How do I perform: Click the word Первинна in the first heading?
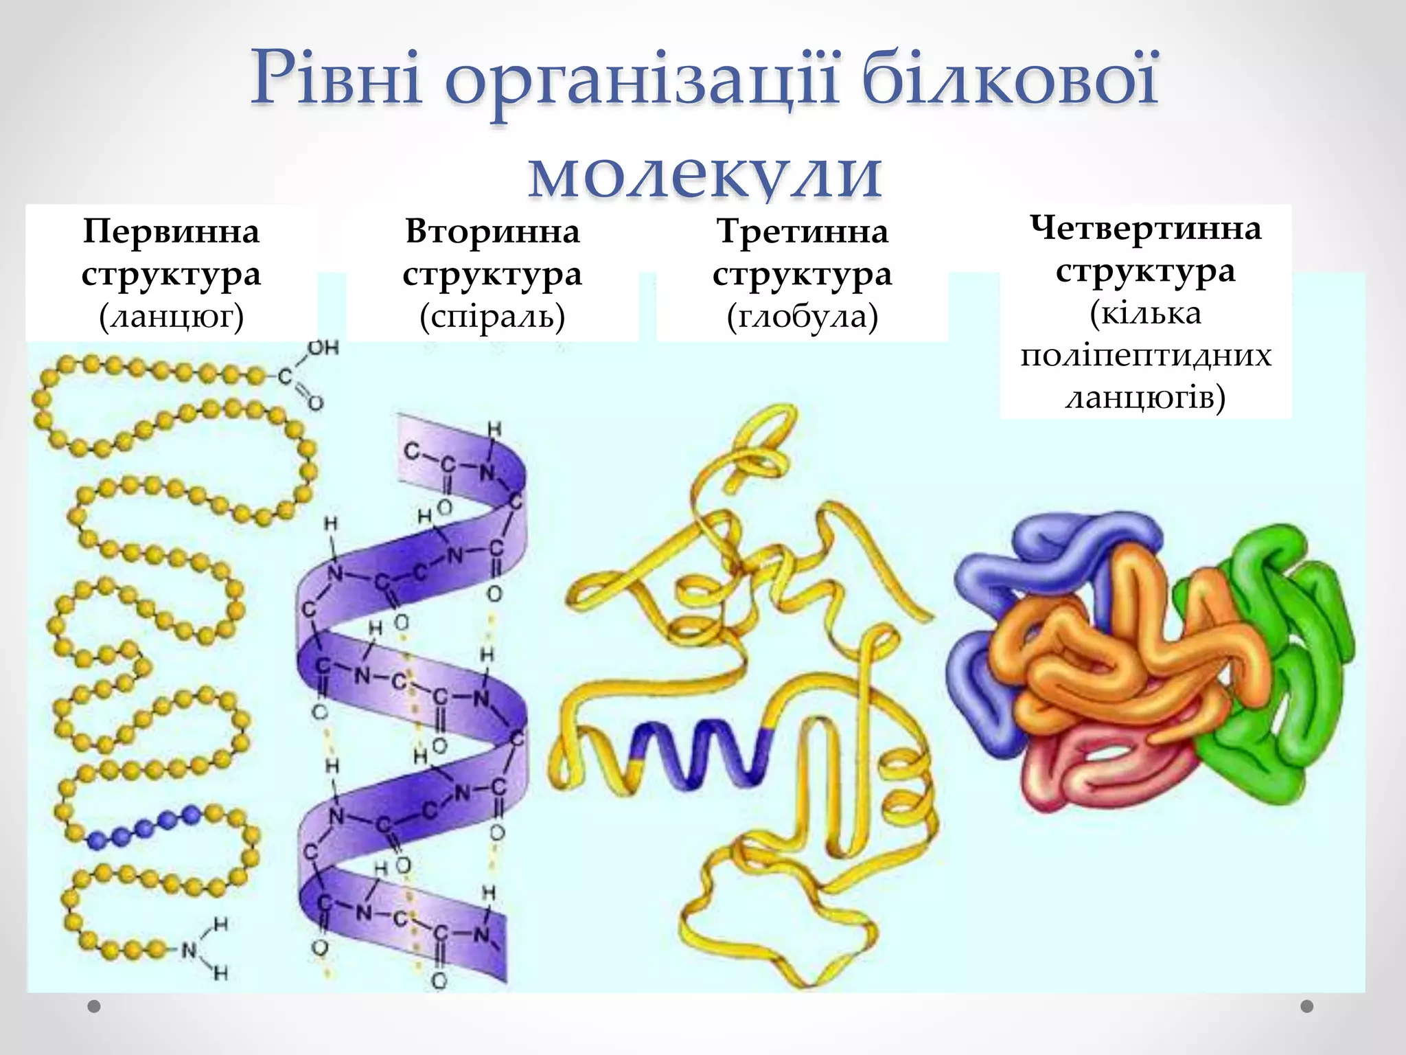[x=171, y=231]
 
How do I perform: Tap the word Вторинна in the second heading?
[x=492, y=231]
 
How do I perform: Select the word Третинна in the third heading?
[x=802, y=231]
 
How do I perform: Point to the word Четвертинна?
[x=1145, y=228]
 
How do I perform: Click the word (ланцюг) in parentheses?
[x=171, y=317]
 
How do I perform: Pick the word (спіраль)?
[x=492, y=317]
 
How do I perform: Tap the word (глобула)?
[x=802, y=317]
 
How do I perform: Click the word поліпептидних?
[x=1145, y=356]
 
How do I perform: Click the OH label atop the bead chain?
[x=323, y=348]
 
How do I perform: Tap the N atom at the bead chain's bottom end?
[x=189, y=951]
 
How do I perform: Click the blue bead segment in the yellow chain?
[x=144, y=828]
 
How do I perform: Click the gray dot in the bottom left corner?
[x=94, y=1007]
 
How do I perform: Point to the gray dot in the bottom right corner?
[x=1307, y=1006]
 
